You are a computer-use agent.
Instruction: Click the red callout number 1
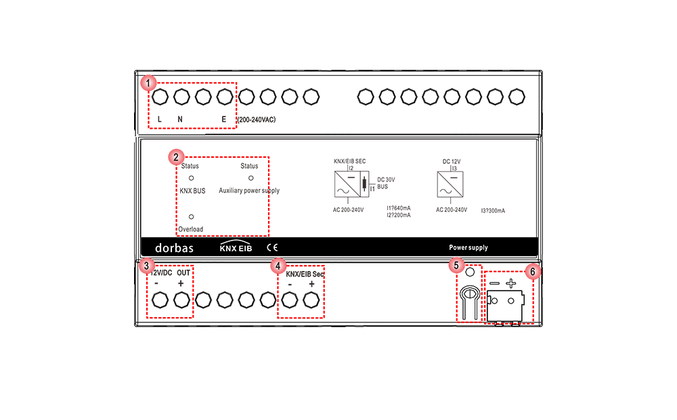pyautogui.click(x=148, y=83)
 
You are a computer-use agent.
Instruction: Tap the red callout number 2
pyautogui.click(x=176, y=157)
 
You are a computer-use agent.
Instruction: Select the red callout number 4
pyautogui.click(x=278, y=266)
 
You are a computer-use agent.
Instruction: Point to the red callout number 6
pyautogui.click(x=533, y=272)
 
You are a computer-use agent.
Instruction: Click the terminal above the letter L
pyautogui.click(x=160, y=97)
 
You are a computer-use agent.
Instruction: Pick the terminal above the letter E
pyautogui.click(x=225, y=97)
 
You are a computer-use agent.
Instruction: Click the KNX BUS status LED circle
pyautogui.click(x=192, y=178)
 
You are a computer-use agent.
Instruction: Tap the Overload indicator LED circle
pyautogui.click(x=192, y=217)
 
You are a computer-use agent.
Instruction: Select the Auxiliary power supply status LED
pyautogui.click(x=251, y=178)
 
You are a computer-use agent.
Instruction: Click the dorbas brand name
pyautogui.click(x=175, y=247)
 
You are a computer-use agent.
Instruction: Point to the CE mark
pyautogui.click(x=272, y=247)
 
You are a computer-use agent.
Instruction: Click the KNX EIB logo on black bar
pyautogui.click(x=236, y=247)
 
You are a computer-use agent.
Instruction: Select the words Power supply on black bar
pyautogui.click(x=468, y=247)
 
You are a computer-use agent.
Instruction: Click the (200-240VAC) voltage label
pyautogui.click(x=257, y=120)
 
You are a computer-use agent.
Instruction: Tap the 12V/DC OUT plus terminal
pyautogui.click(x=181, y=300)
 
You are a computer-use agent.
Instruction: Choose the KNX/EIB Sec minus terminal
pyautogui.click(x=290, y=300)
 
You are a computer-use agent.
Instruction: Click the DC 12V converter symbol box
pyautogui.click(x=450, y=184)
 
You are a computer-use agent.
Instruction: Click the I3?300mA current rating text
pyautogui.click(x=493, y=211)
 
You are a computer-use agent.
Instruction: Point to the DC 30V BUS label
pyautogui.click(x=386, y=183)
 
